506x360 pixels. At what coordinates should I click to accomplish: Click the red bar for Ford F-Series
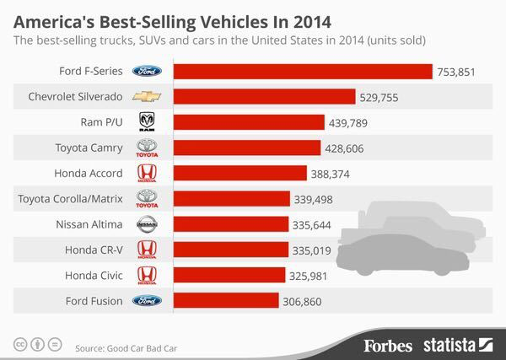pyautogui.click(x=302, y=72)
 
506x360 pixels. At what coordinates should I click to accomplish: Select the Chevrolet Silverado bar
pyautogui.click(x=264, y=97)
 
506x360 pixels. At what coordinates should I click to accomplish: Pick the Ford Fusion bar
pyautogui.click(x=225, y=300)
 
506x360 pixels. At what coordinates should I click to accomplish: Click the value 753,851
pyautogui.click(x=456, y=73)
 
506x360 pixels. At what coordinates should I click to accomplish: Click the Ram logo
pyautogui.click(x=148, y=123)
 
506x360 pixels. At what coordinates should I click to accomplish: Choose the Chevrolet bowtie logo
pyautogui.click(x=148, y=97)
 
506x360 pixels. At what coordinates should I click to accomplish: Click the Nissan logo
pyautogui.click(x=148, y=224)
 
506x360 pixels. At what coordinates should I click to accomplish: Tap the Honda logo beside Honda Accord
pyautogui.click(x=148, y=174)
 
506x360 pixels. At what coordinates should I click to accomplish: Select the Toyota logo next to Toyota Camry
pyautogui.click(x=148, y=148)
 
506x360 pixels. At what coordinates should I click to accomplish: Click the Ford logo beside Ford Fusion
pyautogui.click(x=148, y=300)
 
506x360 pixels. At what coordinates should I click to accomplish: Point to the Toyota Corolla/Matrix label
pyautogui.click(x=71, y=199)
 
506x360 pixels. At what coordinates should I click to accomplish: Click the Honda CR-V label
pyautogui.click(x=94, y=250)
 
